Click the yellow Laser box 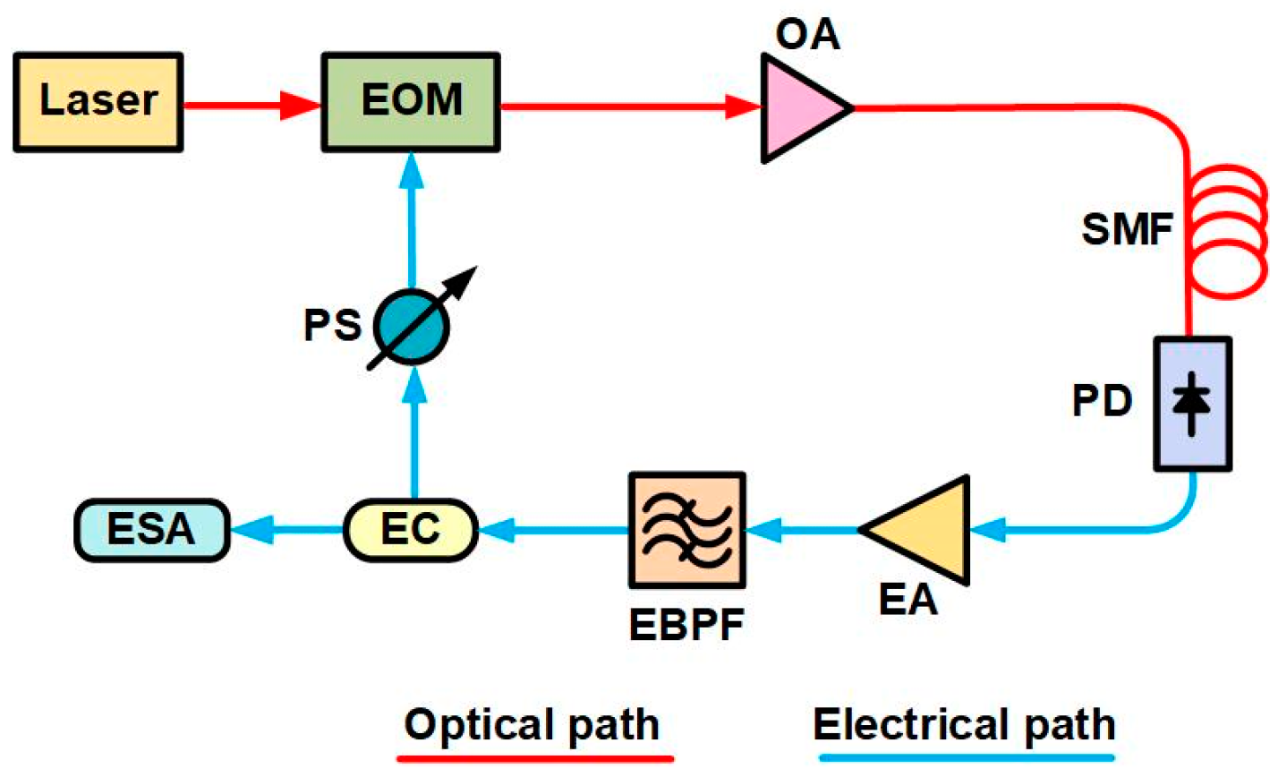click(98, 101)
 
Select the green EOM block click(411, 101)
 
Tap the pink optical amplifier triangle click(798, 108)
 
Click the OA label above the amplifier click(808, 35)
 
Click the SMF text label click(1127, 230)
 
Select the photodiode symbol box click(1192, 404)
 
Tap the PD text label click(1103, 402)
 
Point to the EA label click(907, 598)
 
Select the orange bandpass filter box click(686, 530)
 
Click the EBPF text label click(686, 624)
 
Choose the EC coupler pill click(411, 530)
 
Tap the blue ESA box click(151, 530)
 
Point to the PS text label click(332, 325)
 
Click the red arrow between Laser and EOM click(251, 106)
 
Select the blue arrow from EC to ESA click(286, 531)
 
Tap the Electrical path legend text click(964, 724)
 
